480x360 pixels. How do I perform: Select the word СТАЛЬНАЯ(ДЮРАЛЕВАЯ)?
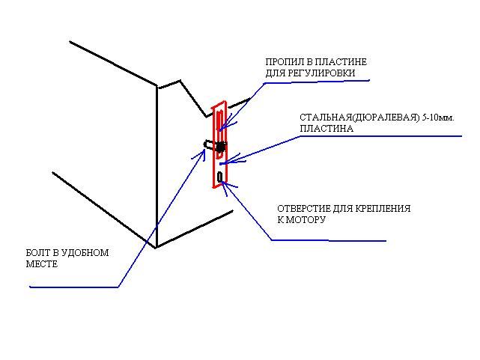pyautogui.click(x=359, y=118)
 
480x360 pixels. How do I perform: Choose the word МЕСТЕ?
pyautogui.click(x=42, y=264)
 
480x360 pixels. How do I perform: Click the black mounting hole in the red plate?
pyautogui.click(x=220, y=177)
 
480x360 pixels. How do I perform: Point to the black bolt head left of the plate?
pyautogui.click(x=207, y=144)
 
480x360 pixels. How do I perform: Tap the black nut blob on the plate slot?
pyautogui.click(x=220, y=147)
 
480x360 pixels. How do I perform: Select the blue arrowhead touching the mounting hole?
pyautogui.click(x=225, y=186)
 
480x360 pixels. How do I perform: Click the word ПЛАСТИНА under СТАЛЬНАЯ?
pyautogui.click(x=326, y=129)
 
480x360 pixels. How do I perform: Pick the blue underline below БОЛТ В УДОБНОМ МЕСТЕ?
pyautogui.click(x=74, y=287)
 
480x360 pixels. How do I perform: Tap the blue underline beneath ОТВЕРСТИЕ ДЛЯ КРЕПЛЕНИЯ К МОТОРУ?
pyautogui.click(x=329, y=240)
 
